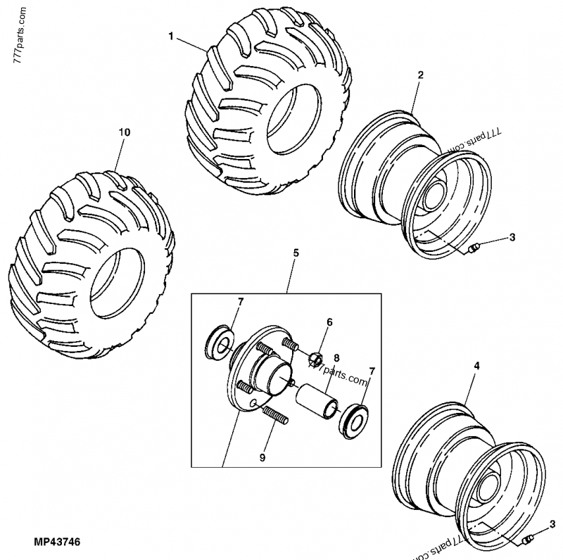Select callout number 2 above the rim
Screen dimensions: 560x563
[420, 75]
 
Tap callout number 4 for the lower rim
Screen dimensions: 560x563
[476, 366]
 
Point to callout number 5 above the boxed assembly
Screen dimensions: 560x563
[296, 252]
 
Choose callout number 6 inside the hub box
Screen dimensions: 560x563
[328, 322]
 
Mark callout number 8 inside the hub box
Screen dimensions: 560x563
[336, 357]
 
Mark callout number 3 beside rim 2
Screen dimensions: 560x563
[512, 237]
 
